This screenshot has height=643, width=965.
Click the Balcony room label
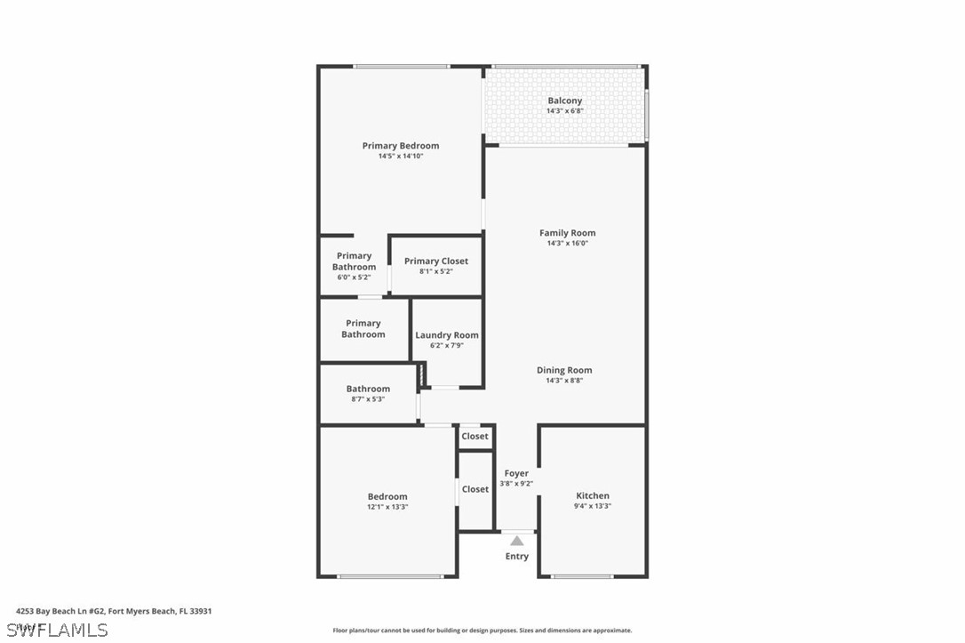coord(565,100)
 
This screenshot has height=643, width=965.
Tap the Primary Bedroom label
coord(400,146)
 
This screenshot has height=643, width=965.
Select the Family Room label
coord(567,233)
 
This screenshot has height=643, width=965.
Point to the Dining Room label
coord(564,370)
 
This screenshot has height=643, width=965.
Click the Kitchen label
coord(593,495)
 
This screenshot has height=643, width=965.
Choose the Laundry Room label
coord(447,335)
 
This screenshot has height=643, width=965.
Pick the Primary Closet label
coord(435,261)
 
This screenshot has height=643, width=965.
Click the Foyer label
coord(516,473)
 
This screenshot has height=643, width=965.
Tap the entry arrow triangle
coord(516,540)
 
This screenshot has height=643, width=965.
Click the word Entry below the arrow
coord(516,557)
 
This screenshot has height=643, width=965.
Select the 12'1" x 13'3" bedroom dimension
coord(387,507)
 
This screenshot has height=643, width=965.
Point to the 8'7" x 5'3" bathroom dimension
coord(368,399)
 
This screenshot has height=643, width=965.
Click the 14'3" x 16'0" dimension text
coord(567,243)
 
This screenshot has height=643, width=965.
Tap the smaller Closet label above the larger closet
coord(475,437)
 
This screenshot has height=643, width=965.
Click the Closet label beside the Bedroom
coord(475,489)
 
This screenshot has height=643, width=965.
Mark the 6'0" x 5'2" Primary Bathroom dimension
coord(354,277)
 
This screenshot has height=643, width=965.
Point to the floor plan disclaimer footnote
coord(482,631)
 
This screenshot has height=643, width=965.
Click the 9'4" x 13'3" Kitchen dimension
coord(593,506)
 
